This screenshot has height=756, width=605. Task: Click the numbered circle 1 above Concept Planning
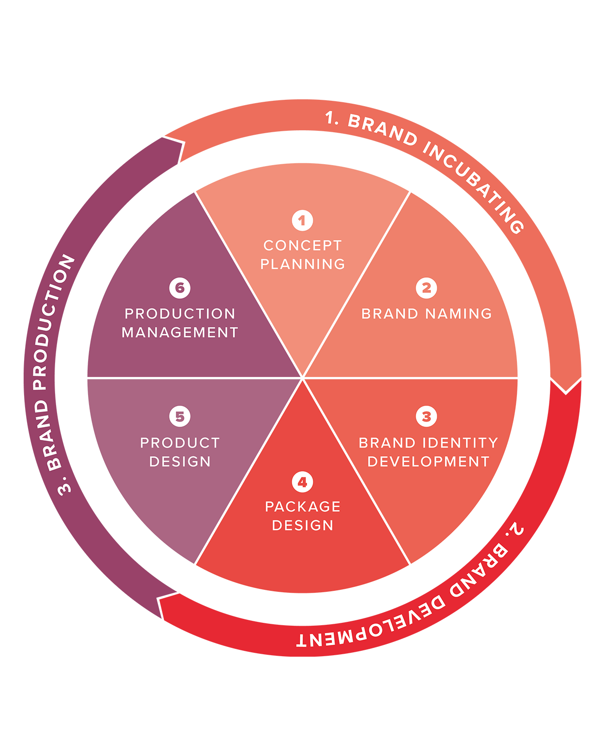[302, 221]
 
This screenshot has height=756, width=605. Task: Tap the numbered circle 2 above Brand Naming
[426, 288]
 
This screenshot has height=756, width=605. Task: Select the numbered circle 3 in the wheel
[426, 417]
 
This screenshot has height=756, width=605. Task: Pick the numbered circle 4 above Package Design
[302, 482]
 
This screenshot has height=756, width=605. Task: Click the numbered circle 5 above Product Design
[180, 417]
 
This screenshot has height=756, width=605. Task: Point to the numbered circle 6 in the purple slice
[180, 288]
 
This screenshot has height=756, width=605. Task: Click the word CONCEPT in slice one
[302, 245]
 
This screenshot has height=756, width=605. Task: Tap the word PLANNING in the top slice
[302, 264]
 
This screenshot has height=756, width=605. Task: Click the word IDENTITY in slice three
[460, 443]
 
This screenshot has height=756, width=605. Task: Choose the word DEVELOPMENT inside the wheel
[428, 462]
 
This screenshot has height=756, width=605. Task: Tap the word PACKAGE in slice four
[302, 507]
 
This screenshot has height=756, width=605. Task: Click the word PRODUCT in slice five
[180, 443]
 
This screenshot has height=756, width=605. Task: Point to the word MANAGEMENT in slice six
[180, 333]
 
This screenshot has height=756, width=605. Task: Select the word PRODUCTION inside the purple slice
[180, 314]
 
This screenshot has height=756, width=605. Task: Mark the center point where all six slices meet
[302, 378]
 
